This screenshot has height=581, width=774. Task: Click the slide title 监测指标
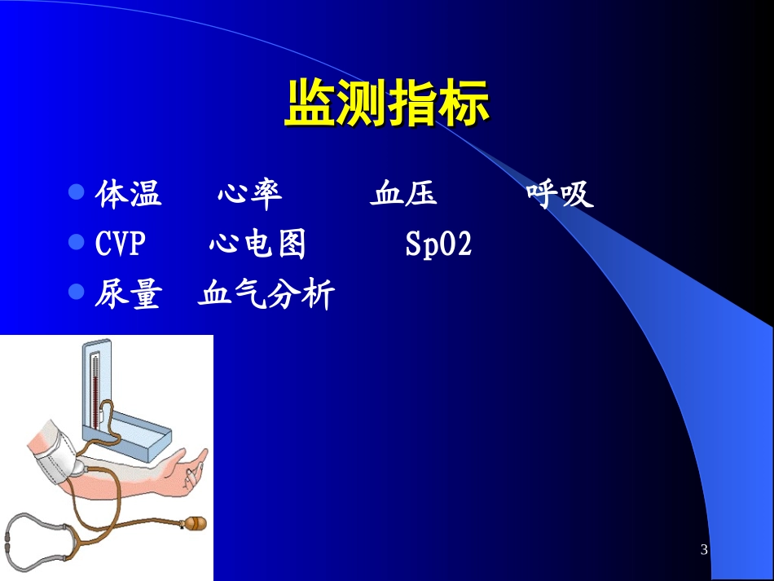pos(386,103)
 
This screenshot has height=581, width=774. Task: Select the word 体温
pos(129,195)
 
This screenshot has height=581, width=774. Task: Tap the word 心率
pos(249,195)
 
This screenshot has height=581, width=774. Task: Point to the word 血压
pos(403,195)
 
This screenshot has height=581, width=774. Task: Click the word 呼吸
pos(559,195)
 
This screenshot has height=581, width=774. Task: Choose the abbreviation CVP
pos(119,244)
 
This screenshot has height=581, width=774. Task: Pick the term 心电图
pos(257,244)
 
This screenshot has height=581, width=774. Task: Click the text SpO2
pos(438,244)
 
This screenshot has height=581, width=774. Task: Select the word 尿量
pos(127,295)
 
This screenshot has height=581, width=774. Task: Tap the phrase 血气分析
pos(266,295)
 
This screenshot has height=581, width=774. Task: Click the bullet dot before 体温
pos(77,192)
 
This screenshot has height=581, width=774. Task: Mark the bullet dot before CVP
pos(77,242)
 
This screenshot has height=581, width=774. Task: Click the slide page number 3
pos(704,550)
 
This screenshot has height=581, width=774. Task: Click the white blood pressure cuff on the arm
pos(57,452)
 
